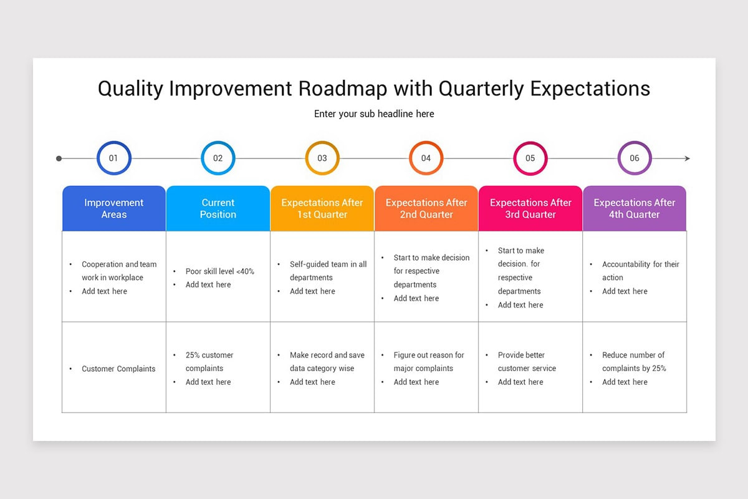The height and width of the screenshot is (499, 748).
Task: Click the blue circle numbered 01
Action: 113,158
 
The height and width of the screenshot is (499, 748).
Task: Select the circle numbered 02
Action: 218,158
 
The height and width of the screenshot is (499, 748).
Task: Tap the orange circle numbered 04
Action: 426,158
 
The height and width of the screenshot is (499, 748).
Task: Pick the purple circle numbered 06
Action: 634,158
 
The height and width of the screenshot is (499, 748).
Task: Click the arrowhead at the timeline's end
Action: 687,158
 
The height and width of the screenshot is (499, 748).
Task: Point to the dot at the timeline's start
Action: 59,158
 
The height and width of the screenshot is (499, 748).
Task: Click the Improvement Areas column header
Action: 114,208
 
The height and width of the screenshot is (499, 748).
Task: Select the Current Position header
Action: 218,208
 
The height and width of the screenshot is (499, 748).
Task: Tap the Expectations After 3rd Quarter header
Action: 530,208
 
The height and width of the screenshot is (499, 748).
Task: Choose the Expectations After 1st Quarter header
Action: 322,208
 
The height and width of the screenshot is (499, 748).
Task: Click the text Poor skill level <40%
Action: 219,271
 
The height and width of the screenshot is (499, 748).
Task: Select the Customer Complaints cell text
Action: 118,369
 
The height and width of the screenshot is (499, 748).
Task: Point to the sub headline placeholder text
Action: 374,114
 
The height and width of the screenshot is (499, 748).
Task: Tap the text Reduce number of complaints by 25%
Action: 633,362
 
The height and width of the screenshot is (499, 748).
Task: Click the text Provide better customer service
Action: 527,362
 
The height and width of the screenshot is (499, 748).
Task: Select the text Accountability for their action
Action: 640,271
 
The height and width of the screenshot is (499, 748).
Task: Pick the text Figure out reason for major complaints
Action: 428,362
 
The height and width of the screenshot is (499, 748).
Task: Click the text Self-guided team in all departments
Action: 328,271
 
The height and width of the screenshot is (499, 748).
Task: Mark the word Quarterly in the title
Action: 481,89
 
